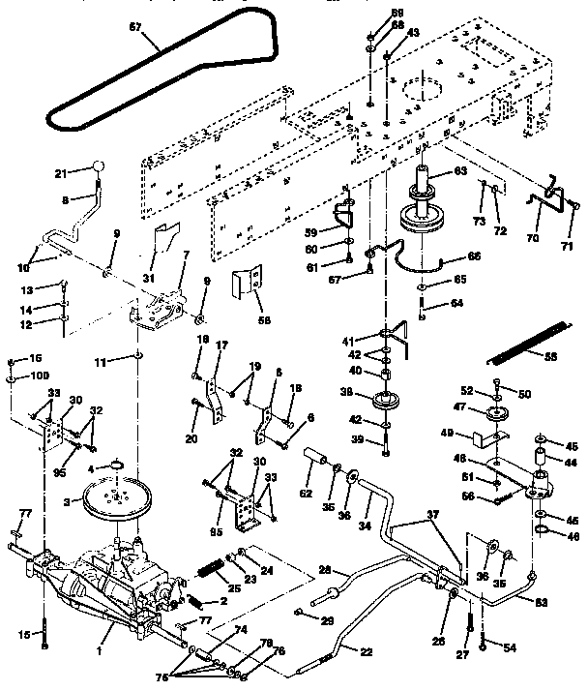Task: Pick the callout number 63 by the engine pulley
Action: (x=459, y=172)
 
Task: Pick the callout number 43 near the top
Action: (x=414, y=32)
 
